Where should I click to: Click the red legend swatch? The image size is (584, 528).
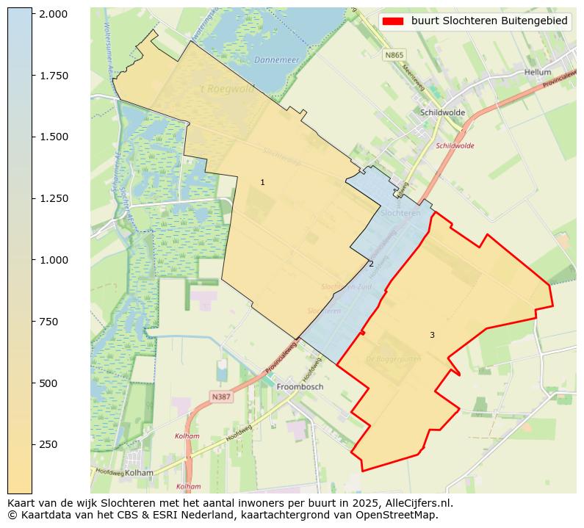click(392, 21)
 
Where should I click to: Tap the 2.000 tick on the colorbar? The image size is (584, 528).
click(53, 14)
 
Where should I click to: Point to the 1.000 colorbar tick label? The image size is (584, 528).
click(53, 260)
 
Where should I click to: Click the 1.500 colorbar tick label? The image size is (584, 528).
click(53, 137)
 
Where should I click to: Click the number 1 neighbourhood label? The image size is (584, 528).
click(262, 182)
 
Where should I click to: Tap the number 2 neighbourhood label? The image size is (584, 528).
click(371, 264)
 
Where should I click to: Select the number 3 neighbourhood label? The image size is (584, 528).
click(432, 335)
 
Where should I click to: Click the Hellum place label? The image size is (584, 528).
click(538, 72)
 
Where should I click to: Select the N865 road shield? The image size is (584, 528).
click(394, 55)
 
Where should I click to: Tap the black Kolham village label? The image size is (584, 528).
click(139, 473)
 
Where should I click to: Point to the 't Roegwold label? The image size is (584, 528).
click(227, 88)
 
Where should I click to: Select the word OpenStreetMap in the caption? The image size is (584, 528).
click(401, 515)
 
